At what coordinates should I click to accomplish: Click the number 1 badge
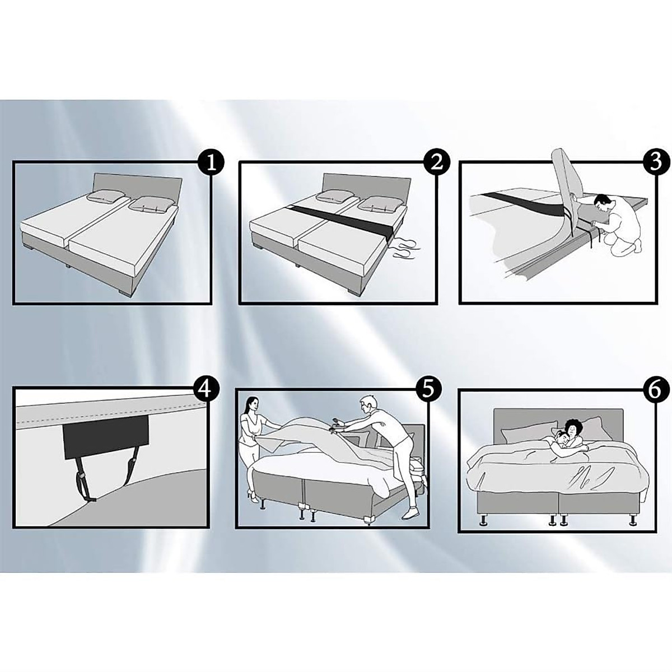(x=212, y=162)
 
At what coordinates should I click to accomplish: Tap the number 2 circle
(x=437, y=162)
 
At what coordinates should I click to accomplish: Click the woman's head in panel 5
(x=251, y=403)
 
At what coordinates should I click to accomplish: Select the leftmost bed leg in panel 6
(x=482, y=522)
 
